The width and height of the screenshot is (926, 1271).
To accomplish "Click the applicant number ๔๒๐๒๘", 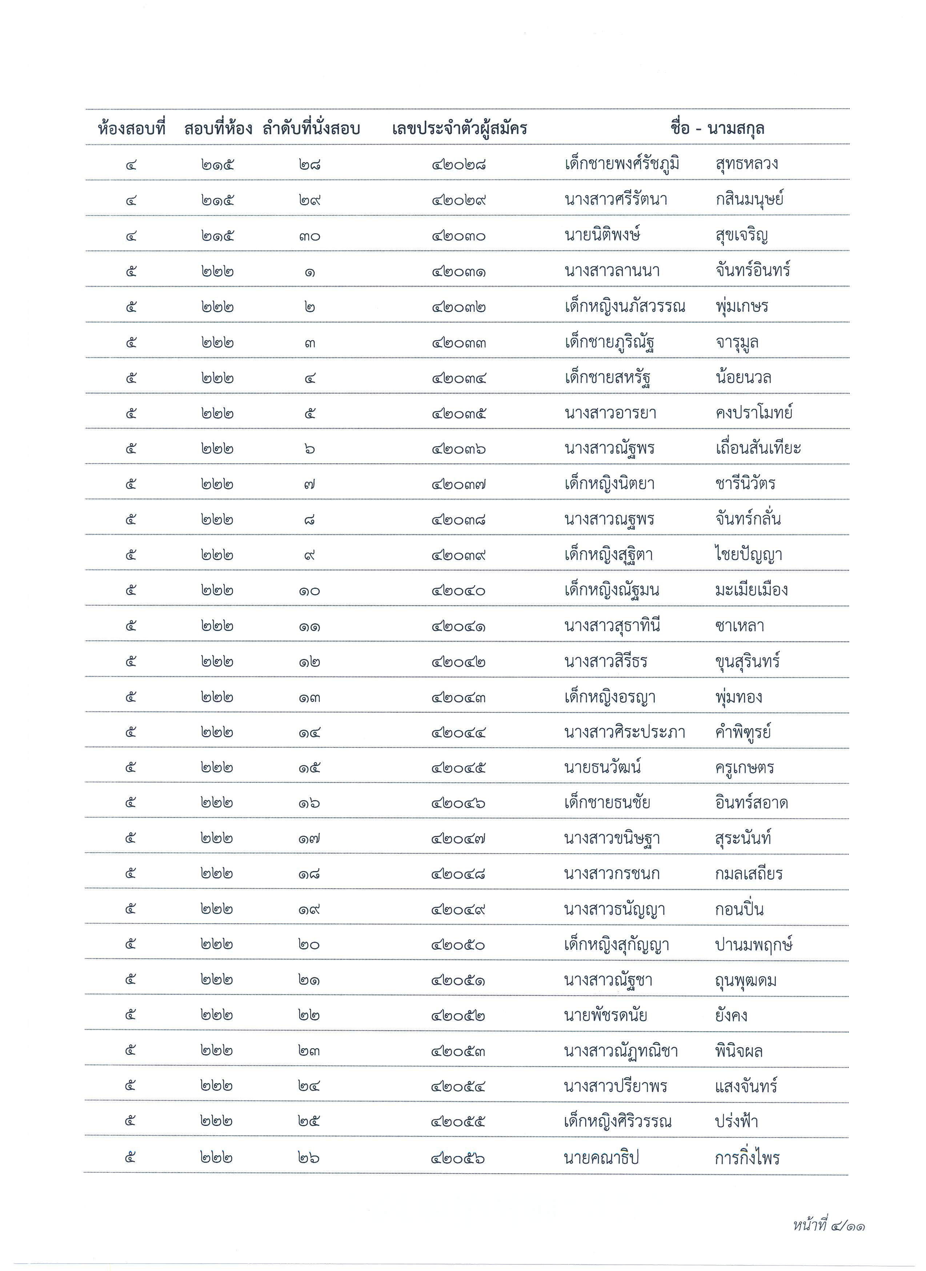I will pos(458,165).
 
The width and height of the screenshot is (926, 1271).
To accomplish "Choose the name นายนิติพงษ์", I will pos(602,235).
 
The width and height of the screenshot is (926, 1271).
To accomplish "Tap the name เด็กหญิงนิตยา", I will pos(610,484).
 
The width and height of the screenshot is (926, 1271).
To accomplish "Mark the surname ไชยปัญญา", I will pos(748,555).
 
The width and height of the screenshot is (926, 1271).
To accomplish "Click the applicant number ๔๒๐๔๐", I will pos(458,591).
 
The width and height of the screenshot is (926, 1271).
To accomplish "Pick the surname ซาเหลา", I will pos(739,626).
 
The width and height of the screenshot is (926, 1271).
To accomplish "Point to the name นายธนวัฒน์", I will pos(602,767).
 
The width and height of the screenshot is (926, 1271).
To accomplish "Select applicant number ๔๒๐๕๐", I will pos(458,945).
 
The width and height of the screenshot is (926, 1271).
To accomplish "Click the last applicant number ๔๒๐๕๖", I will pos(458,1158).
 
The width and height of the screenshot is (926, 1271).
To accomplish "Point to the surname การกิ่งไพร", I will pos(747,1158).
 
